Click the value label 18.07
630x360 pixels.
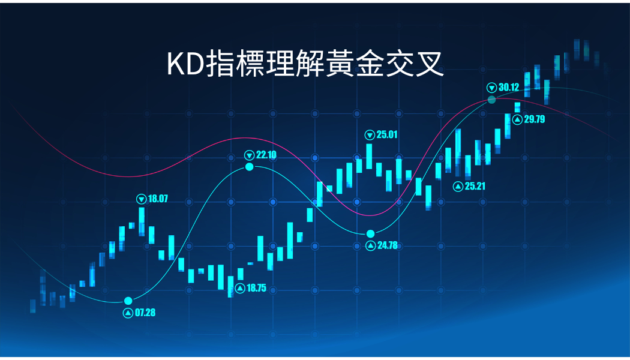point(158,199)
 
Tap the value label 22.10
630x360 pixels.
point(266,155)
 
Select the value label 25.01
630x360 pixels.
point(387,134)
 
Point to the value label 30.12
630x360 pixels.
point(509,87)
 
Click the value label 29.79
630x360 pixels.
point(535,119)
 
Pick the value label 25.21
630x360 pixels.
point(475,186)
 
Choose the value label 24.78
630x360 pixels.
point(388,245)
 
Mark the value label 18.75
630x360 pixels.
point(256,288)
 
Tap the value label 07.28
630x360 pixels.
point(145,313)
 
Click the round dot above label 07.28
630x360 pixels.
point(128,301)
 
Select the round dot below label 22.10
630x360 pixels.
point(250,166)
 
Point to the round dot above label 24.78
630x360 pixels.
point(370,234)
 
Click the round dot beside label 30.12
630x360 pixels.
point(491,100)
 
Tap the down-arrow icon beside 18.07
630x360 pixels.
point(142,199)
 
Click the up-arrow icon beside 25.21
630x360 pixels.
point(458,187)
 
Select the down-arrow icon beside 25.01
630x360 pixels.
point(370,135)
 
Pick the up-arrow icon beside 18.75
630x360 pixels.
point(240,288)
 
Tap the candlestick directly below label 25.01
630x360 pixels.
point(369,156)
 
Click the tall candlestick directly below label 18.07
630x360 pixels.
point(142,221)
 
